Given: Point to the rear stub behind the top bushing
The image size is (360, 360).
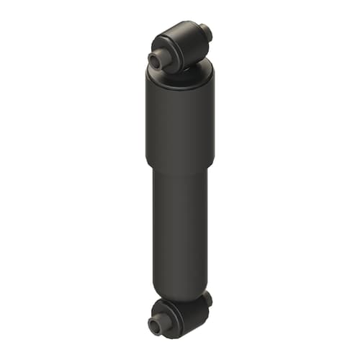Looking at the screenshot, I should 206,32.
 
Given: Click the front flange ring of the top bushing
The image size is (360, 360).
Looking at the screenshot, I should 165,54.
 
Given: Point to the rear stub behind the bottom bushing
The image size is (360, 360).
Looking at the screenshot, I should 207,297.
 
